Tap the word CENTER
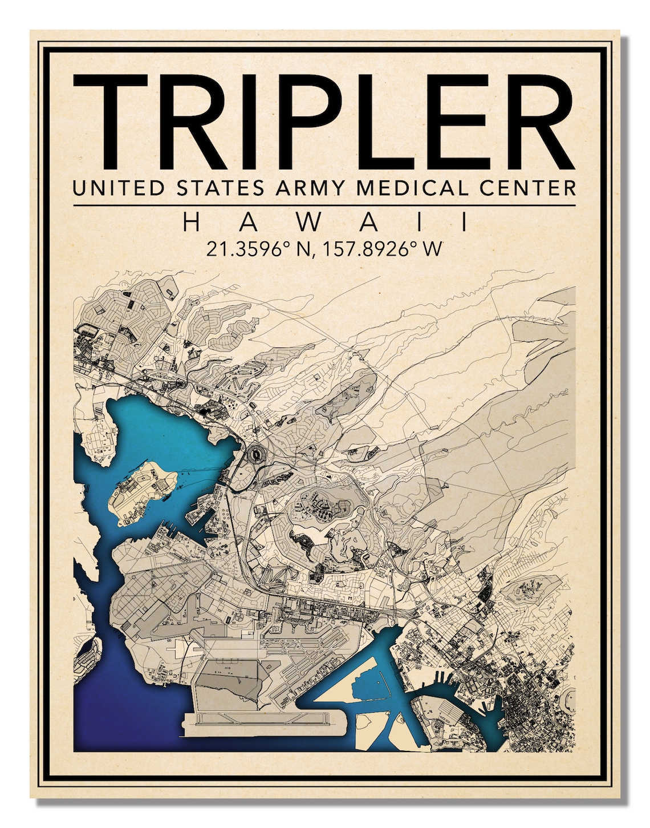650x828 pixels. [527, 188]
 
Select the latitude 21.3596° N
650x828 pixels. [257, 249]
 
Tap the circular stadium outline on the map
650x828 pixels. [257, 455]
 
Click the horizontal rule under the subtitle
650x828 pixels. [324, 205]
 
